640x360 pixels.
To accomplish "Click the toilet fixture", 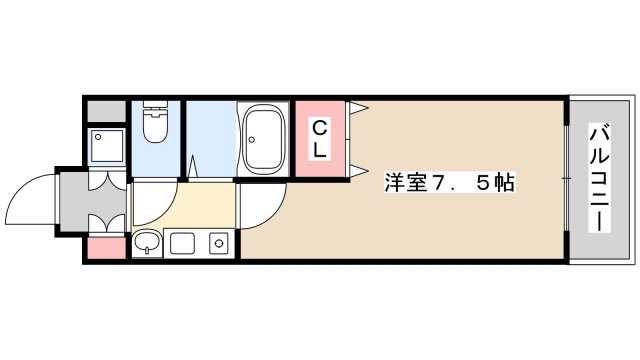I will pyautogui.click(x=156, y=124).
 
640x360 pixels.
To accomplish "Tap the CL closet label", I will pyautogui.click(x=319, y=140).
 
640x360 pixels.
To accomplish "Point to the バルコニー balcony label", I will pyautogui.click(x=600, y=178).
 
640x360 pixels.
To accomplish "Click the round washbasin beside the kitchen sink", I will pyautogui.click(x=147, y=242).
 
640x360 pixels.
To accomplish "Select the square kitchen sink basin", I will pyautogui.click(x=182, y=243).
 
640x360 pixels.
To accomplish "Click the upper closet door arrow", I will pyautogui.click(x=356, y=107).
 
